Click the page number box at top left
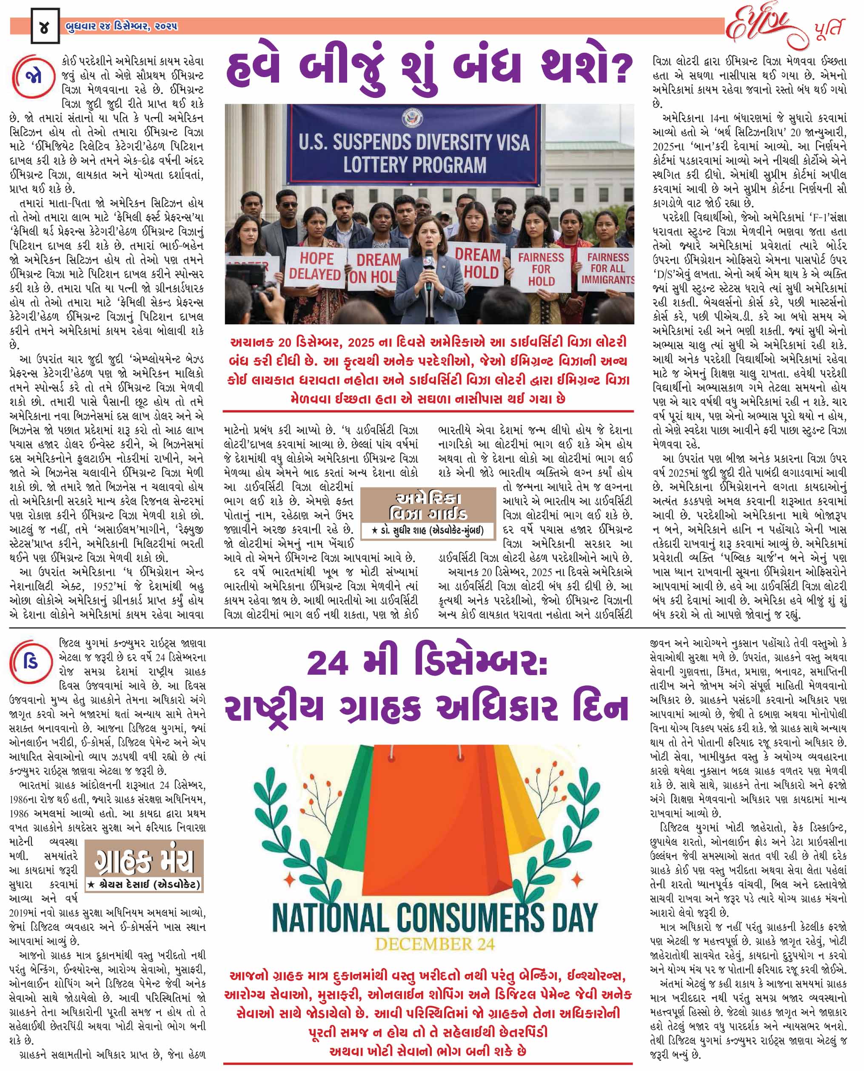click(45, 26)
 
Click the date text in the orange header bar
click(121, 26)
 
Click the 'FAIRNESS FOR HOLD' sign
click(541, 269)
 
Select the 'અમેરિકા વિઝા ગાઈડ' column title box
click(428, 505)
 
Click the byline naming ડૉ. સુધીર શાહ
click(428, 531)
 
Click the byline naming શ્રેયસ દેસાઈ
click(144, 884)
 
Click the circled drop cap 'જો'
click(33, 77)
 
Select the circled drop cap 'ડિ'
click(31, 663)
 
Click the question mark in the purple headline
click(617, 70)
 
